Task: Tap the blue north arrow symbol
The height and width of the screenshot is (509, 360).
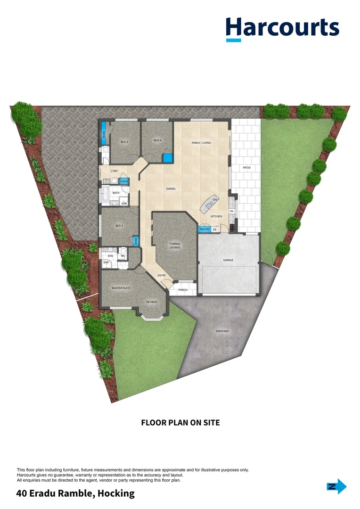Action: point(336,487)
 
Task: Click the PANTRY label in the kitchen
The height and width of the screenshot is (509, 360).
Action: point(204,229)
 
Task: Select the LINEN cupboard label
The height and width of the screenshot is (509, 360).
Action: point(124,181)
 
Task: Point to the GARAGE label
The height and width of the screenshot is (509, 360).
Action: point(228,260)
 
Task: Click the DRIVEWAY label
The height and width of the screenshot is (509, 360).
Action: point(222,331)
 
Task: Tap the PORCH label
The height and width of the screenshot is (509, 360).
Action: point(183,290)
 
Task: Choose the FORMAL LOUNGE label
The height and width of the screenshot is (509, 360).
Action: point(175,246)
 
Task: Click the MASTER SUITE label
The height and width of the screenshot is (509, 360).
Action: point(121,287)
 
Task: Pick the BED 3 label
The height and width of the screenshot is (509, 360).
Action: point(124,142)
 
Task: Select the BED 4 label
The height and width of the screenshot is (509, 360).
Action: point(157,140)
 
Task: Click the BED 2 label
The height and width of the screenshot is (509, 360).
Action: point(119,226)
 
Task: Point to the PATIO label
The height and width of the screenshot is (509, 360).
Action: point(246,167)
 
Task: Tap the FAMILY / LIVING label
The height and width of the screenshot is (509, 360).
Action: point(201,142)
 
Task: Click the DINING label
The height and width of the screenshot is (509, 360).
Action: point(171,189)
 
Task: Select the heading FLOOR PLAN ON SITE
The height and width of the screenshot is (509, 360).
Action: point(180,423)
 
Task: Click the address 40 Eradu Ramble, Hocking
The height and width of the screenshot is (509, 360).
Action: point(75,493)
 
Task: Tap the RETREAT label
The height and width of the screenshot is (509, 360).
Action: point(152,302)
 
